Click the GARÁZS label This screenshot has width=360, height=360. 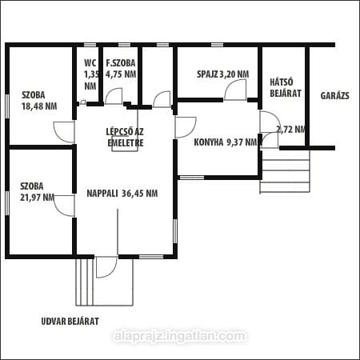[x=334, y=96]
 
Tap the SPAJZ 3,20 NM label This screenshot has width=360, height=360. [x=223, y=74]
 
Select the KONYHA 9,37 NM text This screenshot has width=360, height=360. [x=226, y=142]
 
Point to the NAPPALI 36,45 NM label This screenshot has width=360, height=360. [x=122, y=194]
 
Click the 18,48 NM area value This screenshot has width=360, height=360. [x=39, y=106]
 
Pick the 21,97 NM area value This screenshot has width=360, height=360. [x=38, y=198]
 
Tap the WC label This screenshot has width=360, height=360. [x=90, y=63]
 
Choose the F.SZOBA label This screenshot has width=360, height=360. [x=121, y=63]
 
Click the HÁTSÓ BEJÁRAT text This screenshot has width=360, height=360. [x=286, y=87]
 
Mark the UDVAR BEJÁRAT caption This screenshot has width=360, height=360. [x=70, y=322]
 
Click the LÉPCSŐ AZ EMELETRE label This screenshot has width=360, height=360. [x=125, y=138]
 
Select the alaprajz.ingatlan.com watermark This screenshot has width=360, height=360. [x=180, y=336]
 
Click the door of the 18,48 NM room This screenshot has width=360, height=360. [x=64, y=132]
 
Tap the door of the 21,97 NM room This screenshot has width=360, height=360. [x=64, y=206]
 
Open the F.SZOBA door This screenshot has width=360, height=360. [x=114, y=96]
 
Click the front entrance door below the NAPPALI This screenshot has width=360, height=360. [x=106, y=267]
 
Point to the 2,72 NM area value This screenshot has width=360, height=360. [x=290, y=130]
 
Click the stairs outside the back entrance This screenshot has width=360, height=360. [x=285, y=171]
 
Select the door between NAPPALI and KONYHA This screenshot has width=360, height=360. [x=186, y=127]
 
